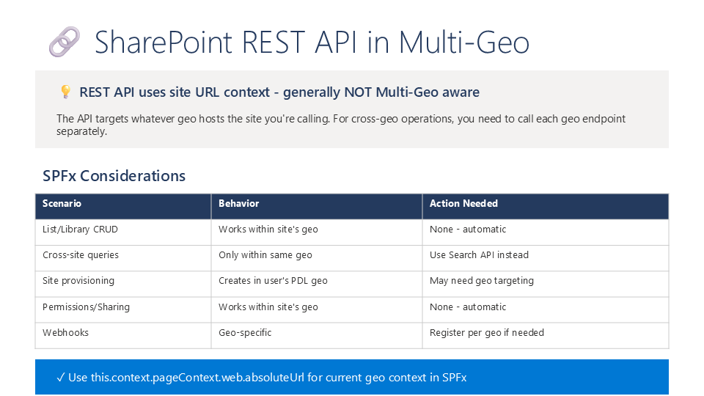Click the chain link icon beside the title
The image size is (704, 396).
point(65,42)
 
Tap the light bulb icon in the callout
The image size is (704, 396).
point(65,92)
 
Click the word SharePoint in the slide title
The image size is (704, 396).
point(164,43)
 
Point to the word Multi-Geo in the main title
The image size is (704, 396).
point(464,43)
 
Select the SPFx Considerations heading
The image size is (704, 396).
point(114,175)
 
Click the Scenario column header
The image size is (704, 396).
point(62,203)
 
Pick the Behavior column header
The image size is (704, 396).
point(239,203)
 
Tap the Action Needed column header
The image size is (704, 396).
point(463,203)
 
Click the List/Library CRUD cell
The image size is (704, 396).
point(81,230)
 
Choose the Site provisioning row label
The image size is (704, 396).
point(78,281)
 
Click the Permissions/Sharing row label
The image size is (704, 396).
point(87,307)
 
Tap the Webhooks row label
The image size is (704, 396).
point(65,333)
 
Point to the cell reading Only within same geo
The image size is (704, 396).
point(265,255)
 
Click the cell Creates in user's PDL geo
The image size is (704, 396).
point(273,281)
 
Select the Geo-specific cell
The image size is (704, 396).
point(245,333)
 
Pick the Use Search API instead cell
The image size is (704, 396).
point(479,255)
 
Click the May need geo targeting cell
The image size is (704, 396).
point(482,281)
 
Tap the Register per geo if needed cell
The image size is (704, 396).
point(487,333)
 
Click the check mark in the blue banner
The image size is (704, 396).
point(61,378)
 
